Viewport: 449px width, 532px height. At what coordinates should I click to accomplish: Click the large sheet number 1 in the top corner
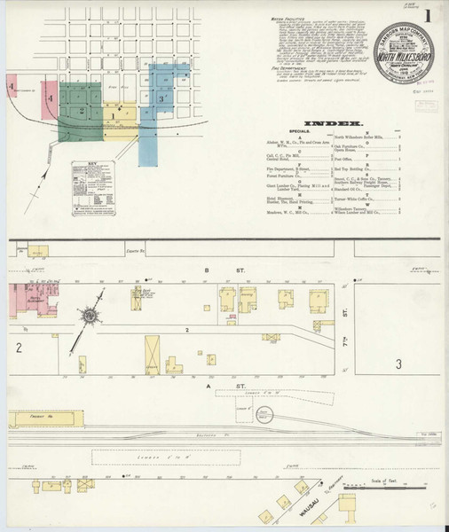click(x=429, y=16)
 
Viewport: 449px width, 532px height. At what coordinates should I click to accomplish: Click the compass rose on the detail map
click(x=90, y=315)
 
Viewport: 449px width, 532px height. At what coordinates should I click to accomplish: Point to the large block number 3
click(x=398, y=364)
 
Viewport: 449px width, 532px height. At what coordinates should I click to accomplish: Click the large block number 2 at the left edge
click(x=18, y=347)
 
